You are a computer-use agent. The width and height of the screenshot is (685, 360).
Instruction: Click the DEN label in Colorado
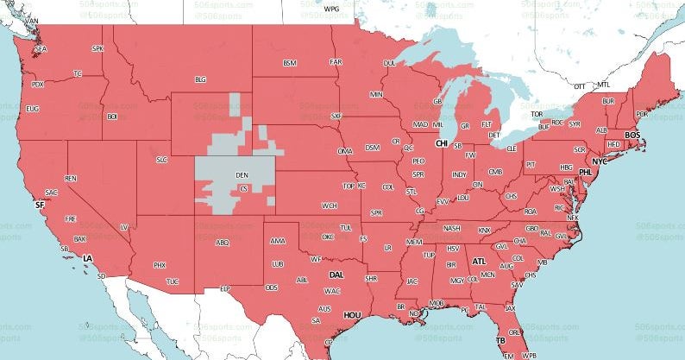pos(242,174)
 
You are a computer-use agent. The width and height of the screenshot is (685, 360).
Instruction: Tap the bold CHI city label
pos(442,143)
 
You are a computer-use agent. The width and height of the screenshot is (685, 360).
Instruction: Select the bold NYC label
pos(600,161)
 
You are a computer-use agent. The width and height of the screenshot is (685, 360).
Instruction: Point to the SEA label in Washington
pos(41,49)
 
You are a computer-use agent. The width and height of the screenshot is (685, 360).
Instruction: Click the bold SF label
pos(38,205)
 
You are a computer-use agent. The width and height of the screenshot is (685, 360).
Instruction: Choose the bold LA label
pos(87,258)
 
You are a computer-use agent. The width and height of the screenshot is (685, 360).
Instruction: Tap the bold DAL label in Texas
pos(336,275)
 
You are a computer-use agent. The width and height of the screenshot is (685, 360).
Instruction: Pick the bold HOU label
pos(352,316)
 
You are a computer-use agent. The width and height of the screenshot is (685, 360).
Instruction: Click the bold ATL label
pos(479,261)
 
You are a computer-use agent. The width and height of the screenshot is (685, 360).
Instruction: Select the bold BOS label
pos(632,136)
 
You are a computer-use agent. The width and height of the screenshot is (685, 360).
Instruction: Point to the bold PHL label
pos(586,173)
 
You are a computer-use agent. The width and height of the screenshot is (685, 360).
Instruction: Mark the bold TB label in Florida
pos(500,341)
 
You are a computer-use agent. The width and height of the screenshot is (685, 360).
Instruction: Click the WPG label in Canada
pos(331,9)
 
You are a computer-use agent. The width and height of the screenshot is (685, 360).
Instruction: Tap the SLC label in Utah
pos(161,160)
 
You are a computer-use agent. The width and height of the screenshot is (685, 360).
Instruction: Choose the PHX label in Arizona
pos(159,265)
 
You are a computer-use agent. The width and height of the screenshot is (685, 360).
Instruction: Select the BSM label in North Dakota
pos(290,63)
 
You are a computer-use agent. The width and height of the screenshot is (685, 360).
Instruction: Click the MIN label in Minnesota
pos(376,94)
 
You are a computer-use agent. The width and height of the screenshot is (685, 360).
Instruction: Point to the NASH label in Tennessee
pos(452,229)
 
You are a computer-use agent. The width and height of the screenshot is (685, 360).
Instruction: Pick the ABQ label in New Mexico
pos(222,243)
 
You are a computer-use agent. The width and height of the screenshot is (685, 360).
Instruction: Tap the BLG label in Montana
pos(200,79)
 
